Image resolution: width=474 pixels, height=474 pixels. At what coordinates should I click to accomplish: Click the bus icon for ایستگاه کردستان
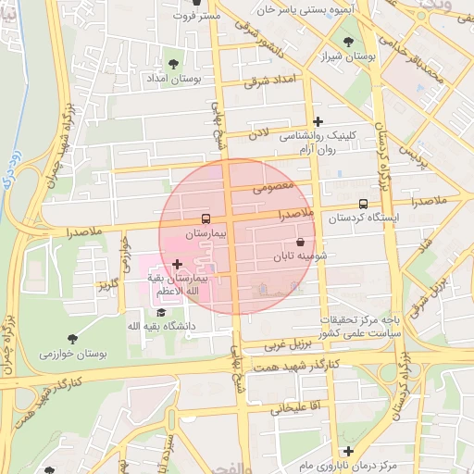coord(362,205)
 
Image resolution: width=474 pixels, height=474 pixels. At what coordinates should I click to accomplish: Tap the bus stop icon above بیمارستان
coord(204,219)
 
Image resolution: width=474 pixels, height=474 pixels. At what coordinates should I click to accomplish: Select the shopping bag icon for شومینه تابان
coord(299,242)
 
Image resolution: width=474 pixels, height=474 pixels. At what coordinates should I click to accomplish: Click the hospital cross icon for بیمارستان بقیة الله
coord(177,265)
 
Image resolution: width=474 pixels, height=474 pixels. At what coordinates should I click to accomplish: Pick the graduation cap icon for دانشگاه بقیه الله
coord(148,313)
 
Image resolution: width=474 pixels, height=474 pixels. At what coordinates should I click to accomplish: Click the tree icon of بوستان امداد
coord(173,63)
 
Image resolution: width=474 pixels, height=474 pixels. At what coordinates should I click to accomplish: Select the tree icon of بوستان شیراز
coord(348,42)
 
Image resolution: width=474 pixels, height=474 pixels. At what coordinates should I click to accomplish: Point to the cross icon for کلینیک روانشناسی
coord(318,121)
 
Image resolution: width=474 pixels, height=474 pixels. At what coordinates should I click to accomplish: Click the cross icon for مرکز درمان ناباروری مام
coord(348,451)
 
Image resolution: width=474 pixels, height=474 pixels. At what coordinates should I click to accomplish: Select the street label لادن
coord(256,134)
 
